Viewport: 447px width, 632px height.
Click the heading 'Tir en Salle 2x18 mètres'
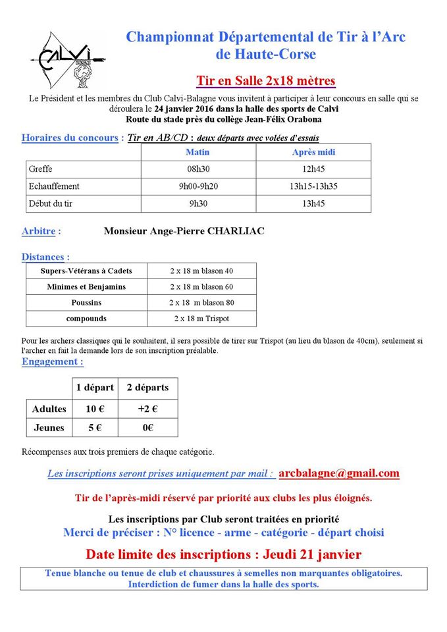click(266, 81)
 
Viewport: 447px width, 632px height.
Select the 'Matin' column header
click(198, 152)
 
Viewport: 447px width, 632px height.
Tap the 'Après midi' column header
click(313, 152)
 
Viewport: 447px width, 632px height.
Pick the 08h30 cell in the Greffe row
click(198, 169)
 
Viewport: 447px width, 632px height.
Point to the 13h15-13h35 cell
click(313, 186)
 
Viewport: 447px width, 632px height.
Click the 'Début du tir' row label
click(51, 203)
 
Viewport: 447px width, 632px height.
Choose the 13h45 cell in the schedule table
click(313, 203)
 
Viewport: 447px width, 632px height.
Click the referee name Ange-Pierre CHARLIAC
click(184, 231)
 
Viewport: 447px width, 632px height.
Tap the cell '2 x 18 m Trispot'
click(201, 319)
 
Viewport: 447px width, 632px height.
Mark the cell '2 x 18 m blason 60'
click(201, 287)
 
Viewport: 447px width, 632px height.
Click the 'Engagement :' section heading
click(53, 361)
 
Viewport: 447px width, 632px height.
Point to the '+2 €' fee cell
click(147, 409)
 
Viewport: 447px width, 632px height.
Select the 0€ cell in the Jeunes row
click(147, 427)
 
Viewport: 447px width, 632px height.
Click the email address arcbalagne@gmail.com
click(339, 473)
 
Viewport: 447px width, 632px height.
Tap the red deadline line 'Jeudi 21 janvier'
click(223, 554)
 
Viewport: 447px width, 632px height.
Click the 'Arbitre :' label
click(41, 231)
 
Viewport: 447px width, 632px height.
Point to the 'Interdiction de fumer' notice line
click(223, 584)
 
